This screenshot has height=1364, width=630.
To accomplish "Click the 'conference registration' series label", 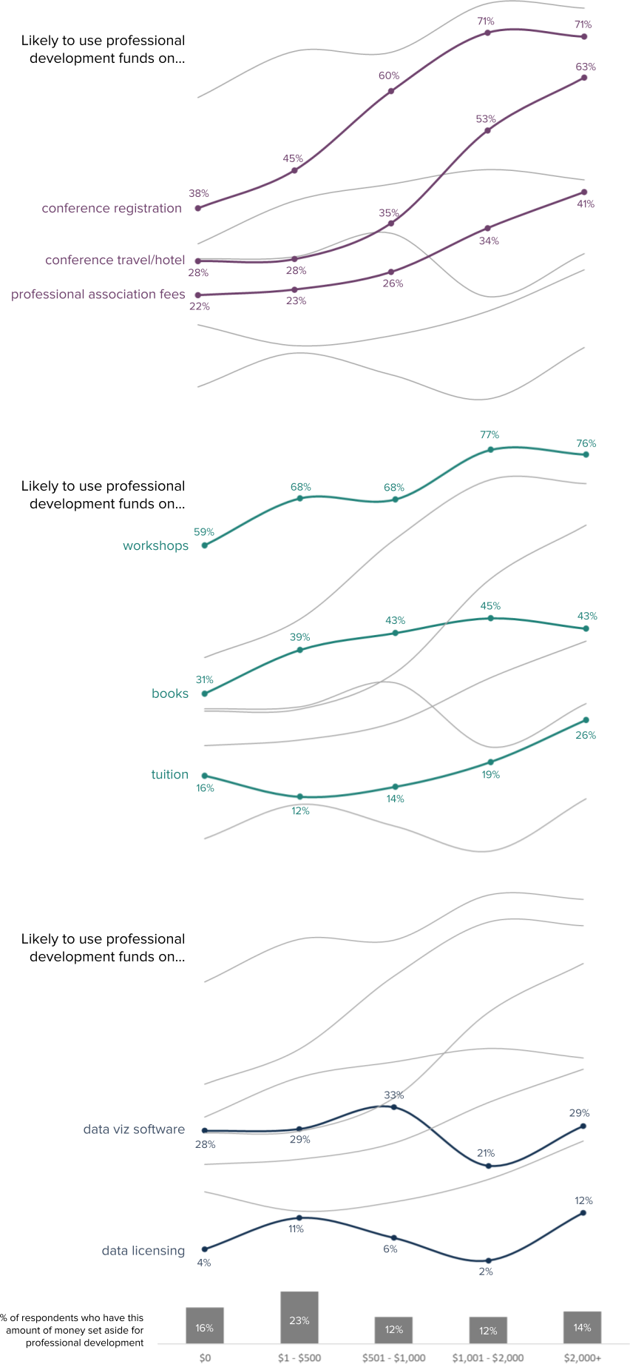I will coord(112,209).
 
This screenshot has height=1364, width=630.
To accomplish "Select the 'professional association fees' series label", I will coord(98,295).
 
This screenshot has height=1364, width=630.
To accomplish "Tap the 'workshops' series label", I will coord(155,546).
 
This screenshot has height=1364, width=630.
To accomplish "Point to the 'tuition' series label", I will coord(169,775).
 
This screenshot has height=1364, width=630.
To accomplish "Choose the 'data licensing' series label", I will coord(143,1251).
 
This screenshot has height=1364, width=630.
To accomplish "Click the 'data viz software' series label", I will coord(134,1129).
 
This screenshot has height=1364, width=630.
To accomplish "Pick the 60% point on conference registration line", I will coord(391,91).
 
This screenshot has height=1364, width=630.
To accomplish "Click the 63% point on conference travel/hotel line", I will coord(584,77).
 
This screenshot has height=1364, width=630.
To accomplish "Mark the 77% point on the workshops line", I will coord(490,449).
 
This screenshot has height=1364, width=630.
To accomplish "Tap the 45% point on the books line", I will coord(490,618).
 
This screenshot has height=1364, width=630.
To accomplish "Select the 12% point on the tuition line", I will coord(299,796).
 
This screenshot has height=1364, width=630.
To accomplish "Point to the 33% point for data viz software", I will coord(393,1107).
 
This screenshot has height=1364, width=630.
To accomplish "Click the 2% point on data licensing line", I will coord(488,1260).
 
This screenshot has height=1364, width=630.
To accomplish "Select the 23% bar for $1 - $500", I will coord(299,1317).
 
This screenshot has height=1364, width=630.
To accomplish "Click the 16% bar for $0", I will coord(205,1326).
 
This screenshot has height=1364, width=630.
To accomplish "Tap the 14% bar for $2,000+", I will coord(582,1327).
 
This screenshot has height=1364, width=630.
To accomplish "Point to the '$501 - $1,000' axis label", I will coord(393,1357).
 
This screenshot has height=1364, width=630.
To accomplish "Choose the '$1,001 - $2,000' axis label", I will coord(488,1357).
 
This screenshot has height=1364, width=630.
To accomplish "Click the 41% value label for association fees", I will coord(586,204).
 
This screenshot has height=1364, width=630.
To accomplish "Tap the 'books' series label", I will coord(170,694).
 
